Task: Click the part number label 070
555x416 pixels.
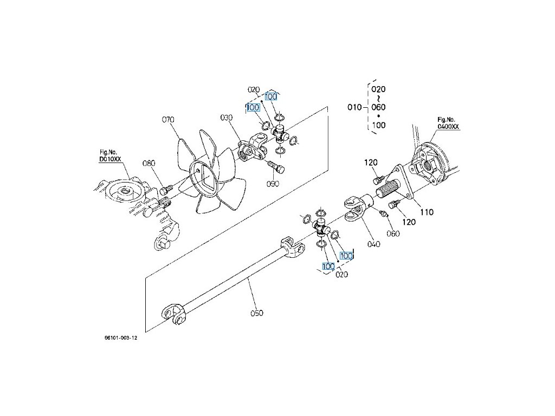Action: [168, 120]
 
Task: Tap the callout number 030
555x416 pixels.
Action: [226, 118]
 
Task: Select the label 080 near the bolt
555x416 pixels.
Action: [149, 163]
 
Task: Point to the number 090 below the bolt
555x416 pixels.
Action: [273, 184]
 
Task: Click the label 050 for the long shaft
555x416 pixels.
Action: [256, 313]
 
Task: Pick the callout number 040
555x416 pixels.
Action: [374, 244]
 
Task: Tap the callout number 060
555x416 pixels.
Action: [393, 233]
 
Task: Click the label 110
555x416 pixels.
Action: [427, 212]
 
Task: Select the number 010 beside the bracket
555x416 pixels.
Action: [354, 107]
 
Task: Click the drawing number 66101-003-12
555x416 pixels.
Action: [121, 337]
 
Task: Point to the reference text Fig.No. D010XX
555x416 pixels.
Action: [110, 155]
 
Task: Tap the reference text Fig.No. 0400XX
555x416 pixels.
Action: [448, 123]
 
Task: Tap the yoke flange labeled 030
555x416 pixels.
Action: [252, 148]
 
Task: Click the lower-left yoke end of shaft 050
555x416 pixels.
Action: [173, 313]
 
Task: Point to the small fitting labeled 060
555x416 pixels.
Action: [383, 214]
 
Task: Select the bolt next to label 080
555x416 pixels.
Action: [165, 189]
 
